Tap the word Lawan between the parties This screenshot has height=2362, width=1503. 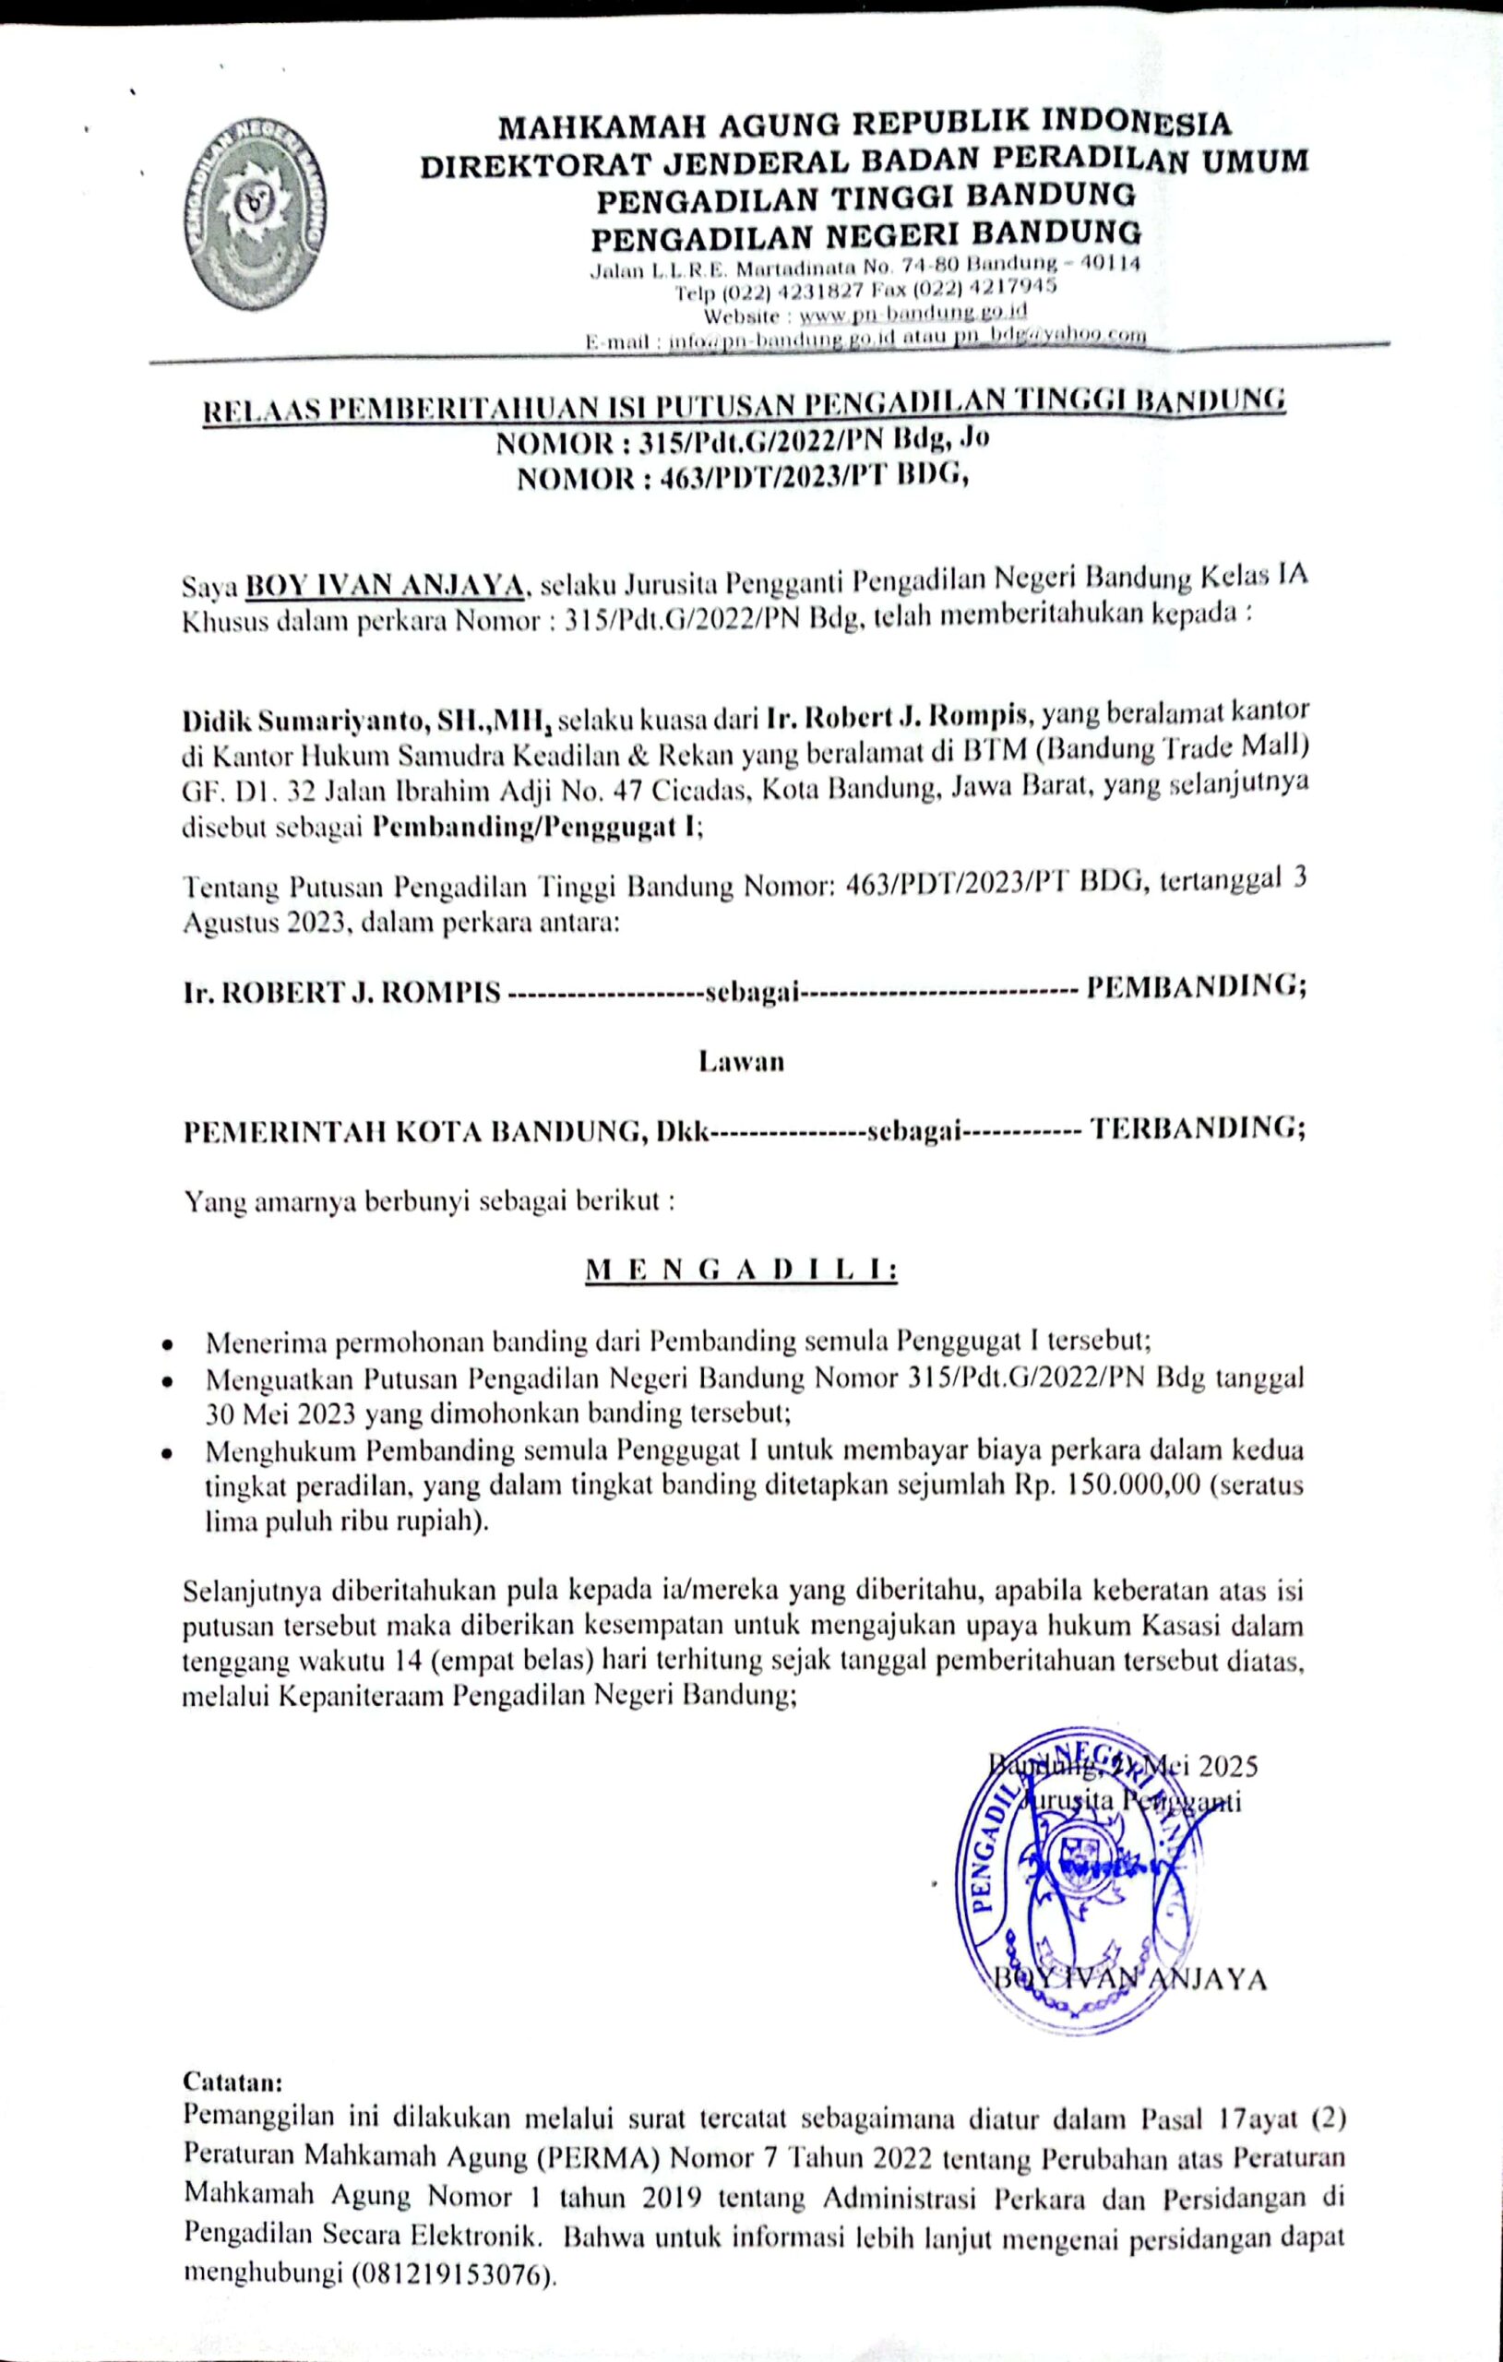tap(741, 1061)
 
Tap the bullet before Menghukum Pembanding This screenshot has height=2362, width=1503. tap(170, 1451)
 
